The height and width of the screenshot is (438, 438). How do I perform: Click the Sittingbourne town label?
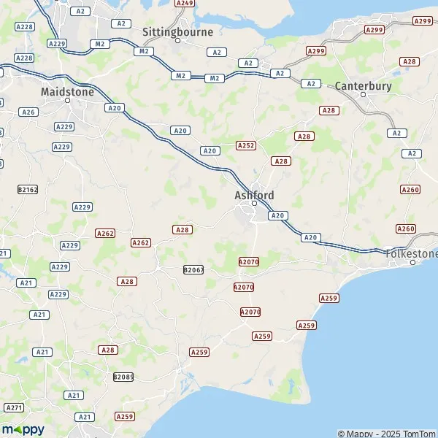click(x=177, y=32)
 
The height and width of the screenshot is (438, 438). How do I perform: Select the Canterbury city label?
click(x=364, y=86)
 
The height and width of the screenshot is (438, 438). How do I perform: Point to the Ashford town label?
click(x=254, y=195)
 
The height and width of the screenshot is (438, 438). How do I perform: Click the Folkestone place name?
click(x=412, y=253)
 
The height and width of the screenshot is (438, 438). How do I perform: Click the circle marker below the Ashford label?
click(x=254, y=204)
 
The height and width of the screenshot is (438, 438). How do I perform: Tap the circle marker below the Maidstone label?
click(x=67, y=101)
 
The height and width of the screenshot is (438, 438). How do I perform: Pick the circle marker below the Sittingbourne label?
click(x=177, y=41)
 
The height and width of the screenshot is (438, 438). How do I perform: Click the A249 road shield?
click(x=185, y=4)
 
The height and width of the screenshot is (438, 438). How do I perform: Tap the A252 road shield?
click(x=246, y=146)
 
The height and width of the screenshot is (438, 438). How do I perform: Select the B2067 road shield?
click(x=193, y=269)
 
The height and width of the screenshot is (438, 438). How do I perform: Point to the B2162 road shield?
click(x=27, y=189)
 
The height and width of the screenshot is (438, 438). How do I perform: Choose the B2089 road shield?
click(x=123, y=377)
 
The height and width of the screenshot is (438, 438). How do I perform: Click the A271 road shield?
click(x=14, y=407)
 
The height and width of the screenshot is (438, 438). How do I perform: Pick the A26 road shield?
click(x=28, y=112)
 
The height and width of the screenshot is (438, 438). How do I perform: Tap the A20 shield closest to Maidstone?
click(x=114, y=108)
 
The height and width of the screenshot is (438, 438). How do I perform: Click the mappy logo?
click(x=23, y=430)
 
